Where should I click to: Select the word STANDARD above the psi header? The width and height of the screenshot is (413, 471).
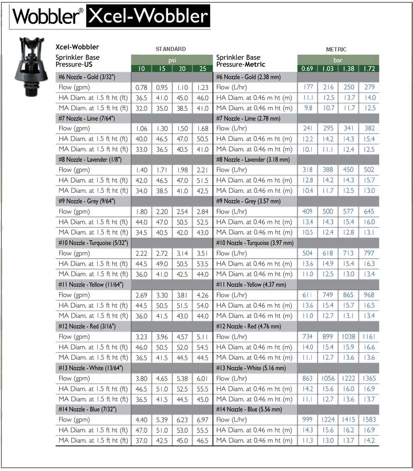(x=170, y=49)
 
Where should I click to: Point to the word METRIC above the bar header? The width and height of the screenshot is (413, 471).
(x=336, y=49)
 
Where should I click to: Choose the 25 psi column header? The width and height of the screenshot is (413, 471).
(x=202, y=69)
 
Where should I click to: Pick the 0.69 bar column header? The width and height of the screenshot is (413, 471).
(x=307, y=69)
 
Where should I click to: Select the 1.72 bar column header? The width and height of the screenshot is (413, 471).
(x=369, y=69)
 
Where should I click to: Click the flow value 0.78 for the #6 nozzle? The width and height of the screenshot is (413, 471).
(x=141, y=87)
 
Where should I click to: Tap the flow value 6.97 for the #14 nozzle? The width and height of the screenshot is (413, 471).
(x=202, y=420)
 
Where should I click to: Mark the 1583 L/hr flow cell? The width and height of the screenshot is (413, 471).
(x=369, y=420)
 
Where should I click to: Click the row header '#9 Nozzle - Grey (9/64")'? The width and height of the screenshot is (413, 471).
(x=87, y=201)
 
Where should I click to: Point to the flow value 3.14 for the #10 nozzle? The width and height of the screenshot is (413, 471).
(x=182, y=254)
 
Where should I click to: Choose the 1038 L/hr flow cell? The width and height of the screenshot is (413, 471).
(x=348, y=337)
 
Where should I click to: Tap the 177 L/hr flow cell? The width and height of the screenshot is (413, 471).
(x=308, y=87)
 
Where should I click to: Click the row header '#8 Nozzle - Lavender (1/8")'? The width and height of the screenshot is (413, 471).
(x=87, y=159)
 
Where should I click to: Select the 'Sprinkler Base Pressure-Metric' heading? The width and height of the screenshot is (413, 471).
(x=241, y=61)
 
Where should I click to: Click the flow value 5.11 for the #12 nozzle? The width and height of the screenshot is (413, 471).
(x=202, y=337)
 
